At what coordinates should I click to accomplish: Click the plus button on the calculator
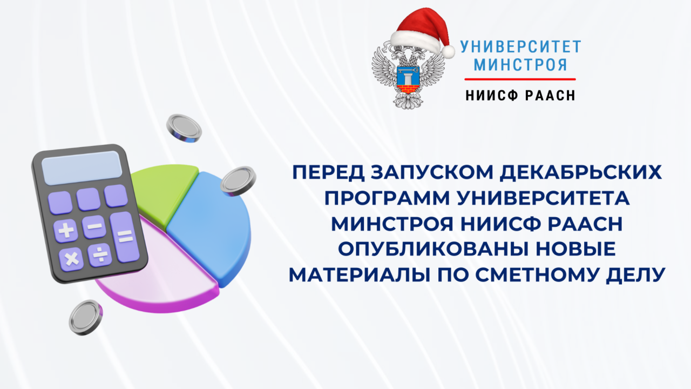66,231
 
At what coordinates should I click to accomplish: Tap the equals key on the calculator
125,237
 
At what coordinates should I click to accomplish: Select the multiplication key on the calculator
71,259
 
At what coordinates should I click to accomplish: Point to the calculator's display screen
82,167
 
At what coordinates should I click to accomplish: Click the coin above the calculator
184,128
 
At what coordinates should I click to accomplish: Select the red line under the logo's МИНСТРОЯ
520,79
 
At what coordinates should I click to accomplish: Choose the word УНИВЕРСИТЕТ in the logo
520,46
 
